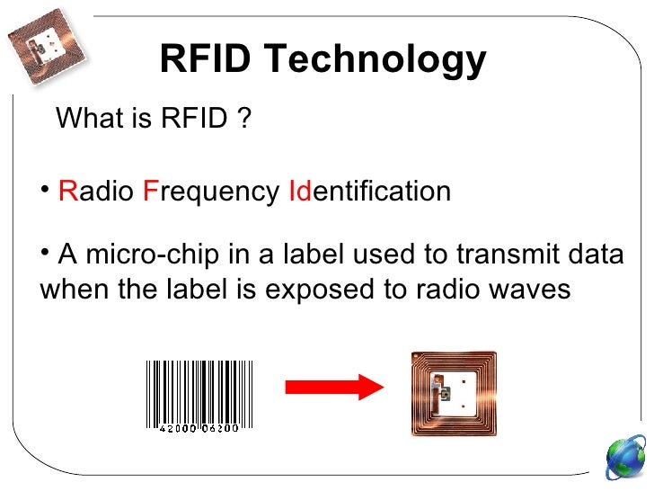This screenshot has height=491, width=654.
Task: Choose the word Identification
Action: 369,192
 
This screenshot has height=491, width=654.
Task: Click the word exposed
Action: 323,290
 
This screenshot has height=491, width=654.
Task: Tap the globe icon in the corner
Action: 625,458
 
